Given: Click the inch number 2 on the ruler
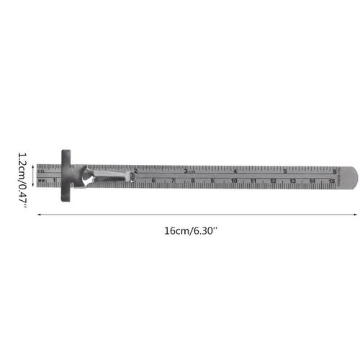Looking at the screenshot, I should point(136,171).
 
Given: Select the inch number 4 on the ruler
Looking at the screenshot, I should point(236,171).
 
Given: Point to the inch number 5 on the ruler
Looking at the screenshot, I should point(286,171).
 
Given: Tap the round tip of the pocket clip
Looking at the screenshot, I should point(135,177).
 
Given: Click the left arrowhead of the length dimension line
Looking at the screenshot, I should point(40,214).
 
